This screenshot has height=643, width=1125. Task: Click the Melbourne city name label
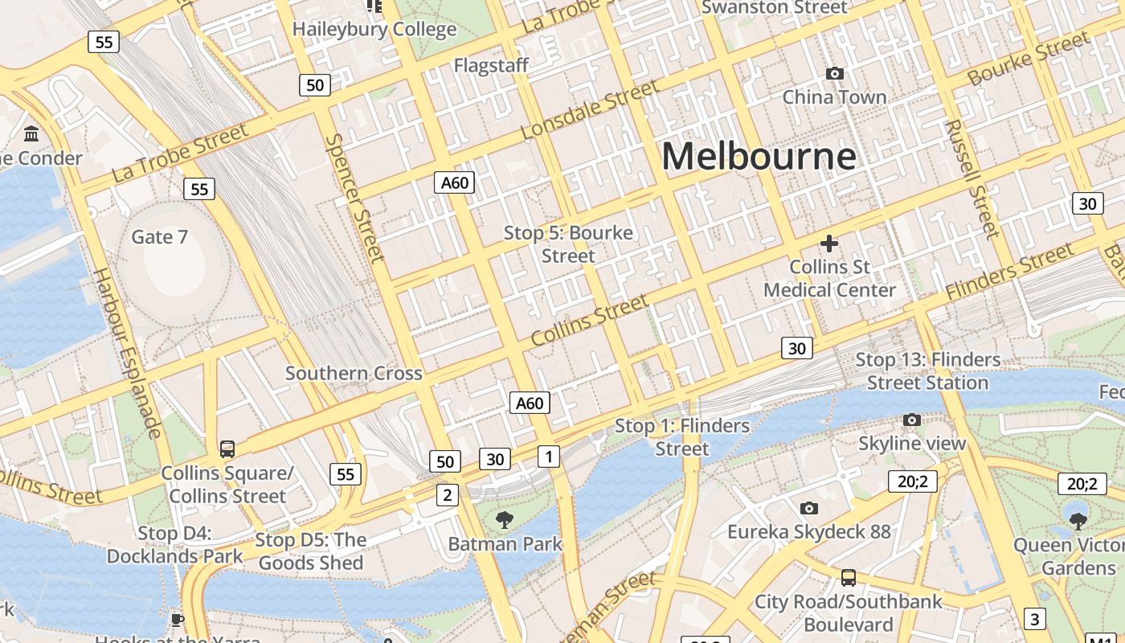pyautogui.click(x=759, y=156)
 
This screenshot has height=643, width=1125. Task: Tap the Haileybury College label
pyautogui.click(x=374, y=30)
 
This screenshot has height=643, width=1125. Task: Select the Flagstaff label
pyautogui.click(x=491, y=65)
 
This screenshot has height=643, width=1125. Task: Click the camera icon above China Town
pyautogui.click(x=835, y=74)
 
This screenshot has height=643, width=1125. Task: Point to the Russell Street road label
pyautogui.click(x=972, y=178)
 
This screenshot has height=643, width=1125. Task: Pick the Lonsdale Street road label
pyautogui.click(x=589, y=109)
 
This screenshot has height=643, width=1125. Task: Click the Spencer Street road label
pyautogui.click(x=355, y=198)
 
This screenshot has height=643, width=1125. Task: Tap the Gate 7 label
pyautogui.click(x=159, y=237)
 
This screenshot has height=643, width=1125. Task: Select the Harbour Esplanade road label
pyautogui.click(x=128, y=353)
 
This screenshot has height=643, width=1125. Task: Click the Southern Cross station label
pyautogui.click(x=354, y=373)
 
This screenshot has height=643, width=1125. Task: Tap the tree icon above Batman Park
pyautogui.click(x=505, y=520)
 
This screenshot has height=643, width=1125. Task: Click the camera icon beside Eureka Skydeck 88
pyautogui.click(x=809, y=508)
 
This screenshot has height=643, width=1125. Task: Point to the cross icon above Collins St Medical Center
pyautogui.click(x=829, y=243)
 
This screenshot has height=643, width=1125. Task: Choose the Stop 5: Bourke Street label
pyautogui.click(x=568, y=244)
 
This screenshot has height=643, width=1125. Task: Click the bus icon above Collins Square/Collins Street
pyautogui.click(x=227, y=449)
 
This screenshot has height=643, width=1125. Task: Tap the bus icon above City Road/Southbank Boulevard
pyautogui.click(x=849, y=577)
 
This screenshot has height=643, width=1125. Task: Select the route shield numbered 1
pyautogui.click(x=548, y=457)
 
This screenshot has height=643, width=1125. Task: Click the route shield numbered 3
pyautogui.click(x=1035, y=619)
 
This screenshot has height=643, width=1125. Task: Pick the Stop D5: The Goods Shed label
pyautogui.click(x=311, y=551)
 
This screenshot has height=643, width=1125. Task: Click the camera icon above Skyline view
pyautogui.click(x=911, y=420)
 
